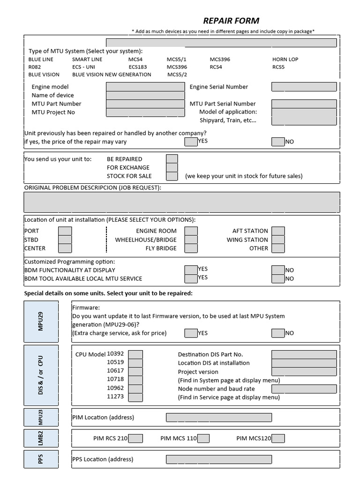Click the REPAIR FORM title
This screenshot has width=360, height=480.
coord(231,21)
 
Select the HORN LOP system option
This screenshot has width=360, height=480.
coord(285,60)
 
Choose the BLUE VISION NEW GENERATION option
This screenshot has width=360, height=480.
coord(112,75)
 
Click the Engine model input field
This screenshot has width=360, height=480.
coord(145,87)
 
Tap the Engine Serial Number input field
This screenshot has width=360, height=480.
coord(304,87)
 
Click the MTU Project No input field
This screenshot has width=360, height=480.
coord(145,112)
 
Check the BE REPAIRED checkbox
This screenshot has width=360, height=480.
coord(172,159)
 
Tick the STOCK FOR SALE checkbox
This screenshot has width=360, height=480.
coord(172,176)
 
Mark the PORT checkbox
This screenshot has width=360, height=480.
coord(65,231)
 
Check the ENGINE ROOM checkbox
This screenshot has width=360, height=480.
coord(191,231)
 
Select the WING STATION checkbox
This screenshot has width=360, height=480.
coord(278,240)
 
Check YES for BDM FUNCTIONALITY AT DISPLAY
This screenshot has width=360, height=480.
coord(191,270)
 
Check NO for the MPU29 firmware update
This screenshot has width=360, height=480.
coord(278,333)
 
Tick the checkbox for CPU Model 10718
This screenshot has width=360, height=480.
coord(135,380)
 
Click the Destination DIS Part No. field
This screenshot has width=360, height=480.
coord(304,355)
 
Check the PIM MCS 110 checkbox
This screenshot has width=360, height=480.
coord(203,438)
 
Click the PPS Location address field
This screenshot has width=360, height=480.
coord(218,459)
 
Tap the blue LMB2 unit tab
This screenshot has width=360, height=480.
coord(41,438)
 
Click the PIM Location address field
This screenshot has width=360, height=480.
coord(218,417)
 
